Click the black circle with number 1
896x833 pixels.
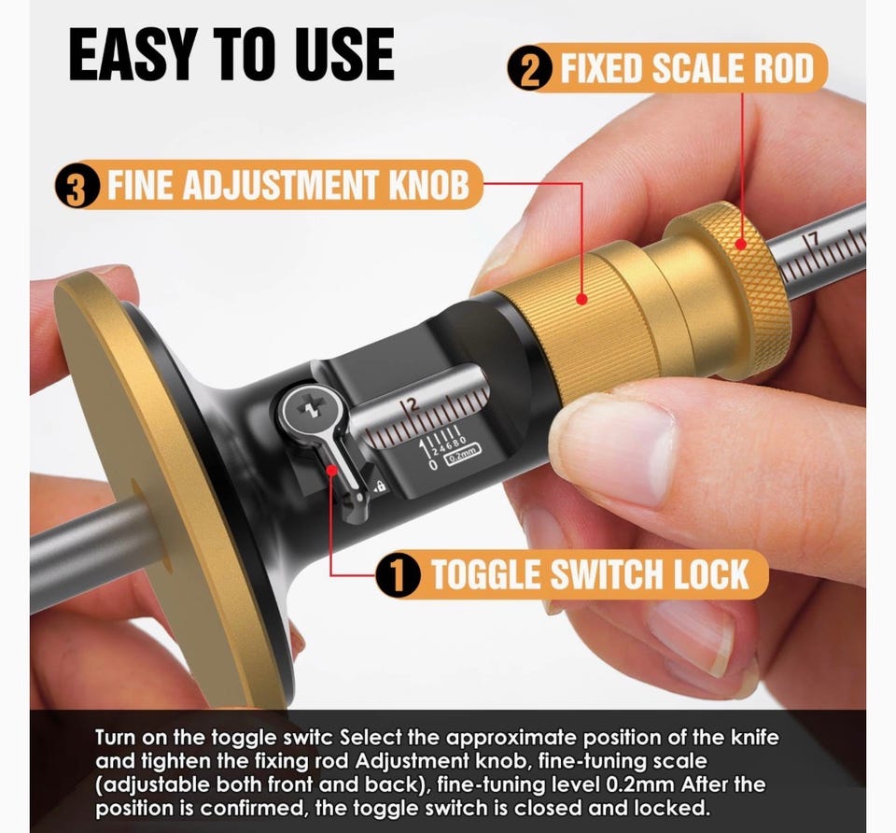tap(399, 574)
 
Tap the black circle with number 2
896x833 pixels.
tap(530, 69)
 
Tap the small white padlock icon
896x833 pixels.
tap(380, 486)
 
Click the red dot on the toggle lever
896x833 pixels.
tap(332, 470)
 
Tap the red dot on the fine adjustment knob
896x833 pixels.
tap(581, 299)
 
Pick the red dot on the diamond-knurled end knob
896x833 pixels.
tap(741, 244)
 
